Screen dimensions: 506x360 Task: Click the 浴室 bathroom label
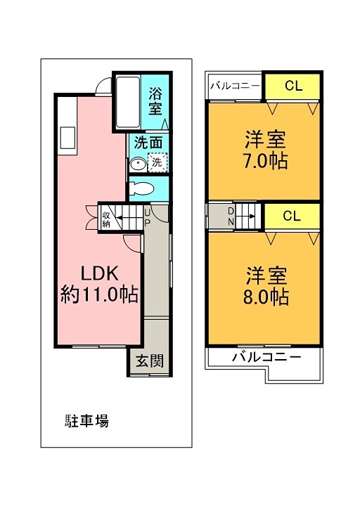[155, 100]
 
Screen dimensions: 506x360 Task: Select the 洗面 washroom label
[148, 141]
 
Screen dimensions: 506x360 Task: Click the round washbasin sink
[138, 164]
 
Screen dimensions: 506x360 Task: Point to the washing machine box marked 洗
[158, 162]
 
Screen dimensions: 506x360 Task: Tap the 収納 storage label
[106, 219]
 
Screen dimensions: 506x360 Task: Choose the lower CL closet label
[292, 216]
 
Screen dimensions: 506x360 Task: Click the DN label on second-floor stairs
[230, 215]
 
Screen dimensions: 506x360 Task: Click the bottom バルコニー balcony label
[266, 357]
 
